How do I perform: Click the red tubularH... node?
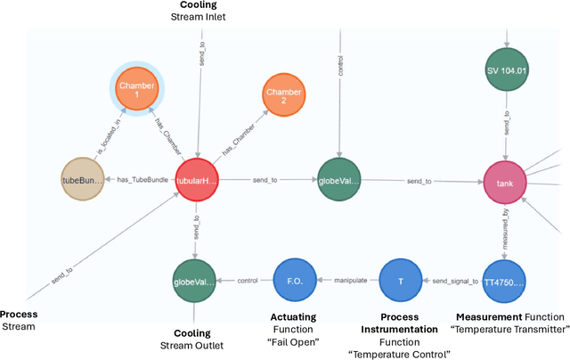click(x=198, y=181)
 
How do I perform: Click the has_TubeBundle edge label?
click(x=141, y=180)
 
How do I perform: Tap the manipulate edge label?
click(x=350, y=280)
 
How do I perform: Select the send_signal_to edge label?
click(x=453, y=280)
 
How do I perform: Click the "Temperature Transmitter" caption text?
click(x=509, y=329)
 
